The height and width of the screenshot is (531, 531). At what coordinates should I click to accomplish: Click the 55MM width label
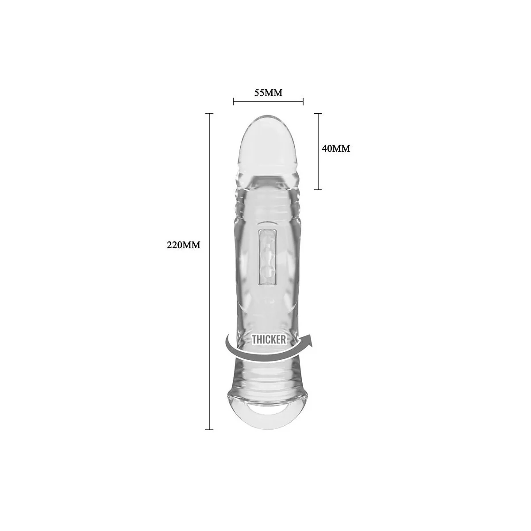tap(268, 93)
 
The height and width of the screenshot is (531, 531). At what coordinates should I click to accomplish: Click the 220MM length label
tap(183, 245)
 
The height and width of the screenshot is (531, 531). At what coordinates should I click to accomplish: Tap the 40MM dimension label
tap(336, 149)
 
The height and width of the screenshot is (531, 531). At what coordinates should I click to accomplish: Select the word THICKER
tap(269, 340)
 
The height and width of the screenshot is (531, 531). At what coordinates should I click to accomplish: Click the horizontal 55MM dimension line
tap(268, 101)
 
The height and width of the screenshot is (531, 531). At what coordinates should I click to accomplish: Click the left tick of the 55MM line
tap(233, 101)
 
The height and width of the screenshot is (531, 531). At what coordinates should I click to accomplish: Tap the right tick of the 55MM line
tap(303, 101)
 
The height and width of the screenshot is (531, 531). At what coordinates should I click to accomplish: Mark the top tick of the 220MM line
tap(209, 113)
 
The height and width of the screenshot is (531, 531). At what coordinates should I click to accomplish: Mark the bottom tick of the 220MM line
tap(209, 429)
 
